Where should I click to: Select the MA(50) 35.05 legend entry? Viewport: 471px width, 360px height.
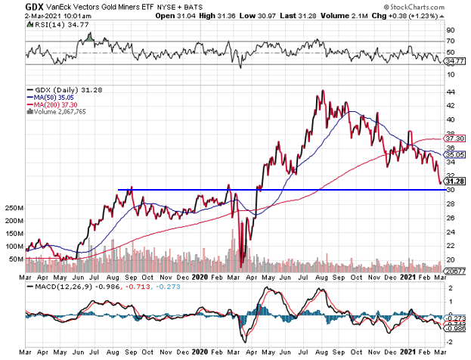(x=51, y=96)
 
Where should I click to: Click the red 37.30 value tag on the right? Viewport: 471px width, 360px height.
(x=455, y=139)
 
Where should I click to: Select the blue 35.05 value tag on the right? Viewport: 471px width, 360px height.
(x=455, y=154)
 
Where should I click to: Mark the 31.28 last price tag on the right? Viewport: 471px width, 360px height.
(x=455, y=181)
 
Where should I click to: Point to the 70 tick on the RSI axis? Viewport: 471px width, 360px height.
(x=451, y=41)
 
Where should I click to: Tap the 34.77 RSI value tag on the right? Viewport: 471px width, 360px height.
(x=455, y=61)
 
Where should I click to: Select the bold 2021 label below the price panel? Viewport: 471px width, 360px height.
(x=409, y=278)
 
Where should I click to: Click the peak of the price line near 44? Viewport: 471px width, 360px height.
(x=323, y=91)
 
